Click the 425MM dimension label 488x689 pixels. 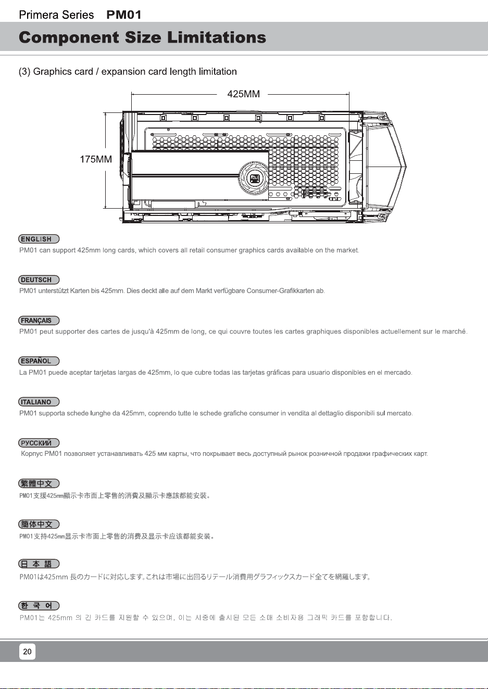point(243,94)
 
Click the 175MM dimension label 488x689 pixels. point(96,159)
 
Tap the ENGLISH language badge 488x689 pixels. point(39,239)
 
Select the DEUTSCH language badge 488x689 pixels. point(39,279)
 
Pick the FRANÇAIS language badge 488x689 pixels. point(39,321)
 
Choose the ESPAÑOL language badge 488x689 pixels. point(39,361)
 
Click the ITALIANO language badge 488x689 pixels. point(39,402)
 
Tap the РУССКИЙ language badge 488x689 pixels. point(39,443)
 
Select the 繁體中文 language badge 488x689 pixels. point(39,483)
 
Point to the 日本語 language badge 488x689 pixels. point(39,564)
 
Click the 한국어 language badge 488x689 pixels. point(39,605)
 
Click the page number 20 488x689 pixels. point(28,652)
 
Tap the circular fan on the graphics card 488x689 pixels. point(254,178)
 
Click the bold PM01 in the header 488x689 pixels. point(124,15)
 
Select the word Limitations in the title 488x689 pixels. point(217,37)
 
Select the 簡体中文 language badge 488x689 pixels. point(39,524)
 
